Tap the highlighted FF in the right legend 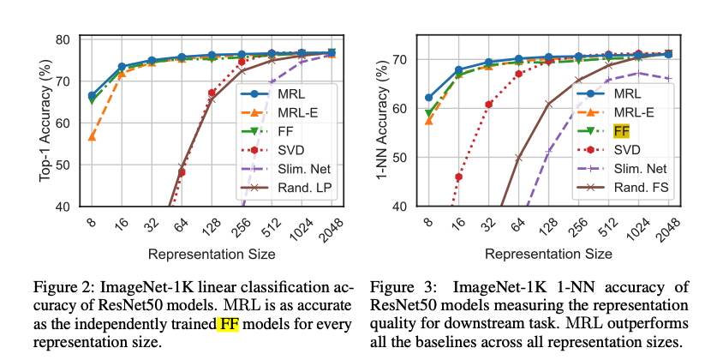620,130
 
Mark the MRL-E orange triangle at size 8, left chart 92,136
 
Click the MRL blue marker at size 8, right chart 429,98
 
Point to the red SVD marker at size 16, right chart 458,177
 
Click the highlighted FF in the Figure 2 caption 229,324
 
